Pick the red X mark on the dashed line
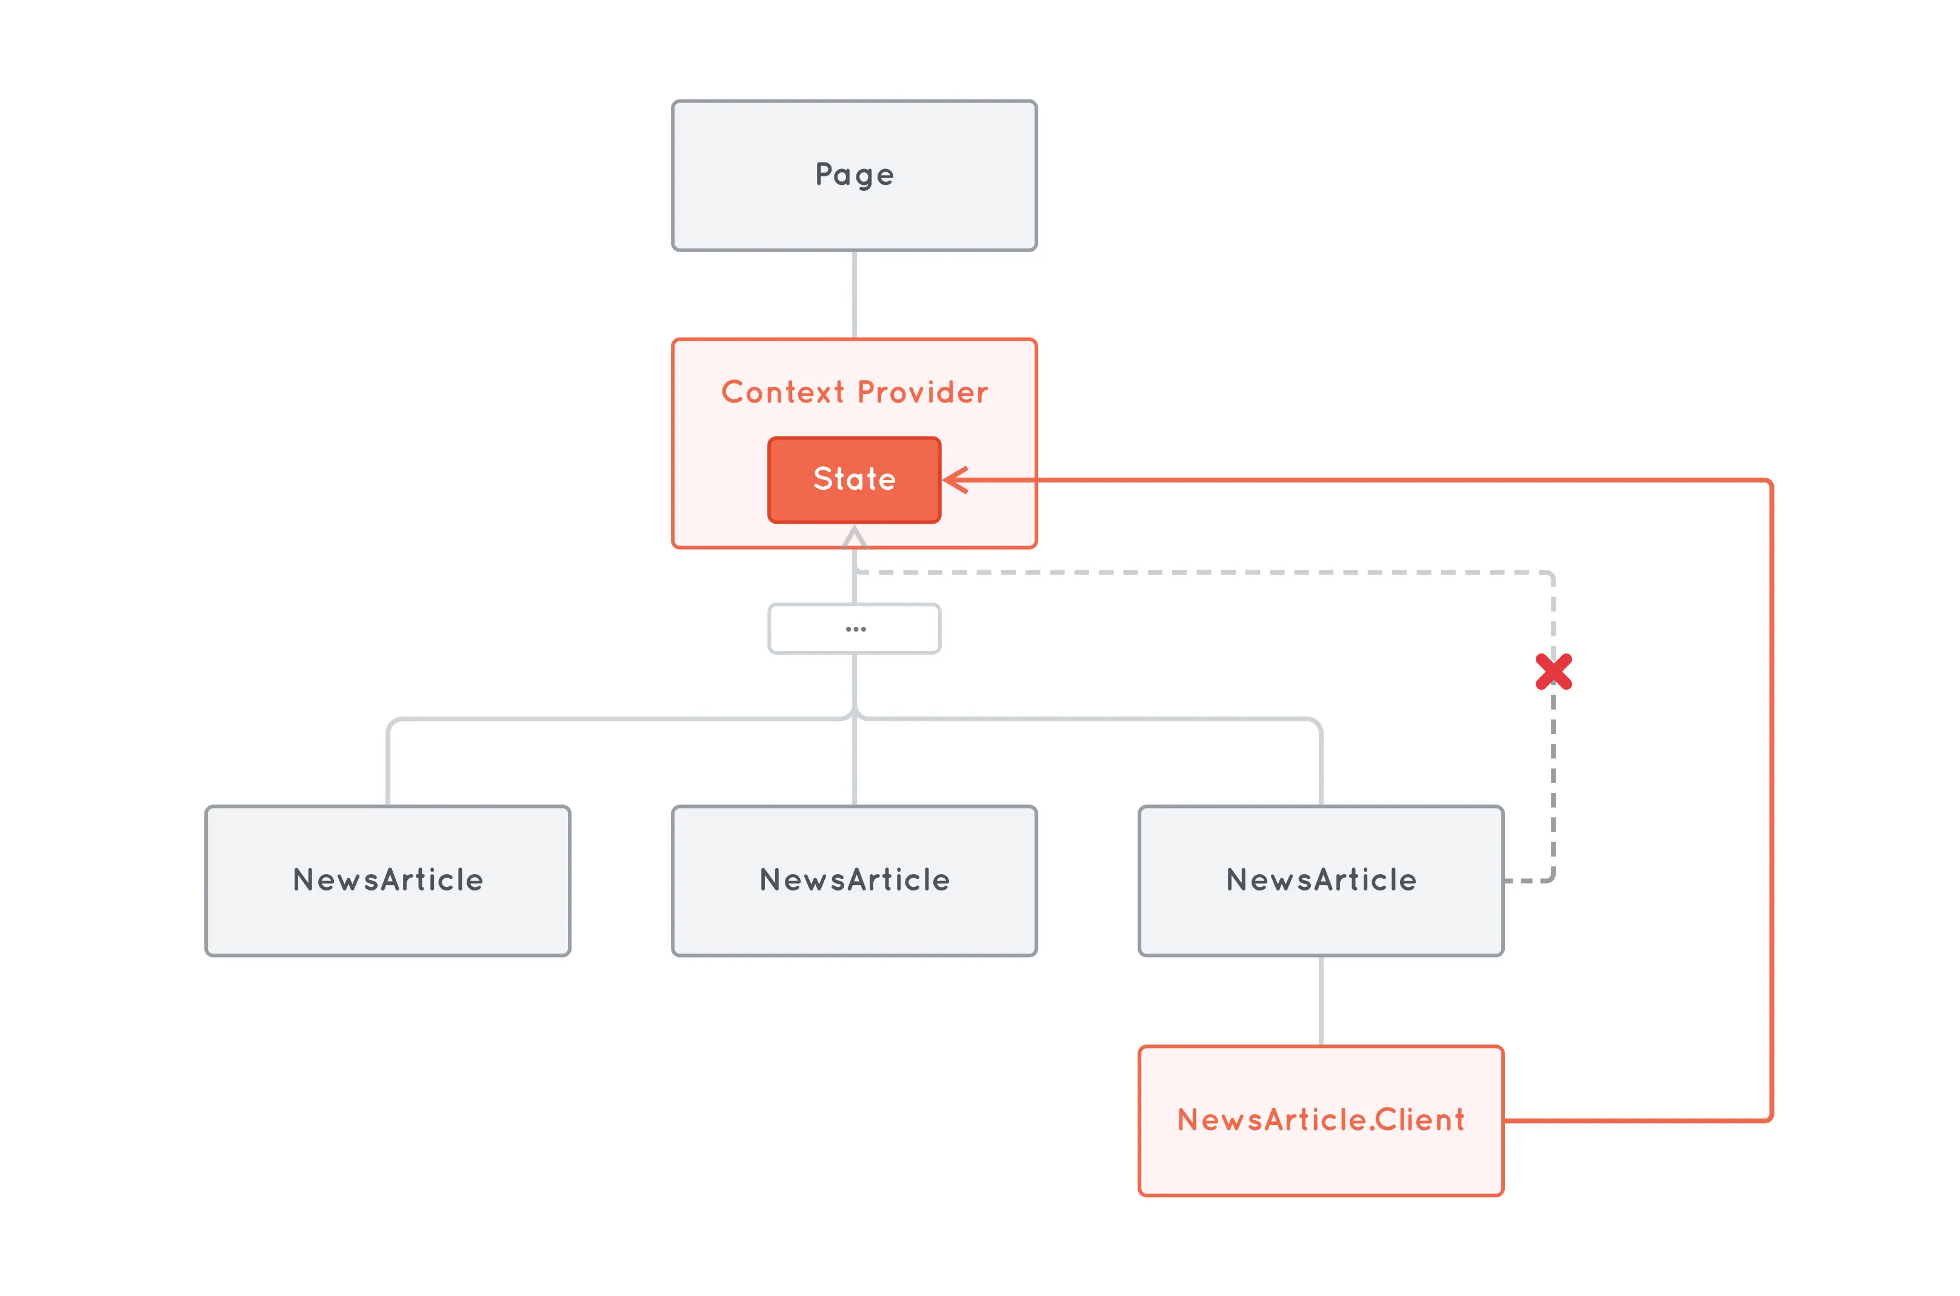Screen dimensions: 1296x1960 [1553, 671]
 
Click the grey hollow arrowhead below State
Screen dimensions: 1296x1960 [855, 538]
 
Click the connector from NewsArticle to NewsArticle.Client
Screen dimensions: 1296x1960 [1321, 1000]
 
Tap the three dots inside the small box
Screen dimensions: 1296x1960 [855, 629]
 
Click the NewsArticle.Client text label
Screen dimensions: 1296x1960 [1321, 1120]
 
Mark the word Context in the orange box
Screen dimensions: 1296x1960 [782, 392]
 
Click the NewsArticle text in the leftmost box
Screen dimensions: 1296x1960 [387, 880]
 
